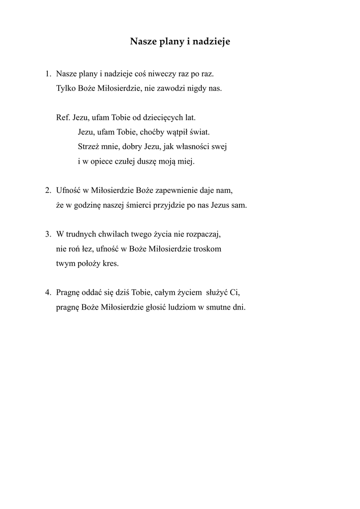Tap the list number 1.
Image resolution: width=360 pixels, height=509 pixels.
[47, 74]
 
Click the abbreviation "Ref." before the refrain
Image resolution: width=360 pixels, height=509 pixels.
[64, 118]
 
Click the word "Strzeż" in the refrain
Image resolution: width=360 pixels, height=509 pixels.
[89, 147]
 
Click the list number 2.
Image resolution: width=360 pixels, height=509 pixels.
[48, 190]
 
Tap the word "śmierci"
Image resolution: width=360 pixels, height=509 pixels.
[152, 205]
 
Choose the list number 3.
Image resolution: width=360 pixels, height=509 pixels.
[48, 234]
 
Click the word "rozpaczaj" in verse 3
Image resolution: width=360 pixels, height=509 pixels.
[203, 234]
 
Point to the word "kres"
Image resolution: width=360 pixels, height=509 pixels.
[110, 263]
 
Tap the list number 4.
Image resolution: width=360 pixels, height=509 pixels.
[48, 292]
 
